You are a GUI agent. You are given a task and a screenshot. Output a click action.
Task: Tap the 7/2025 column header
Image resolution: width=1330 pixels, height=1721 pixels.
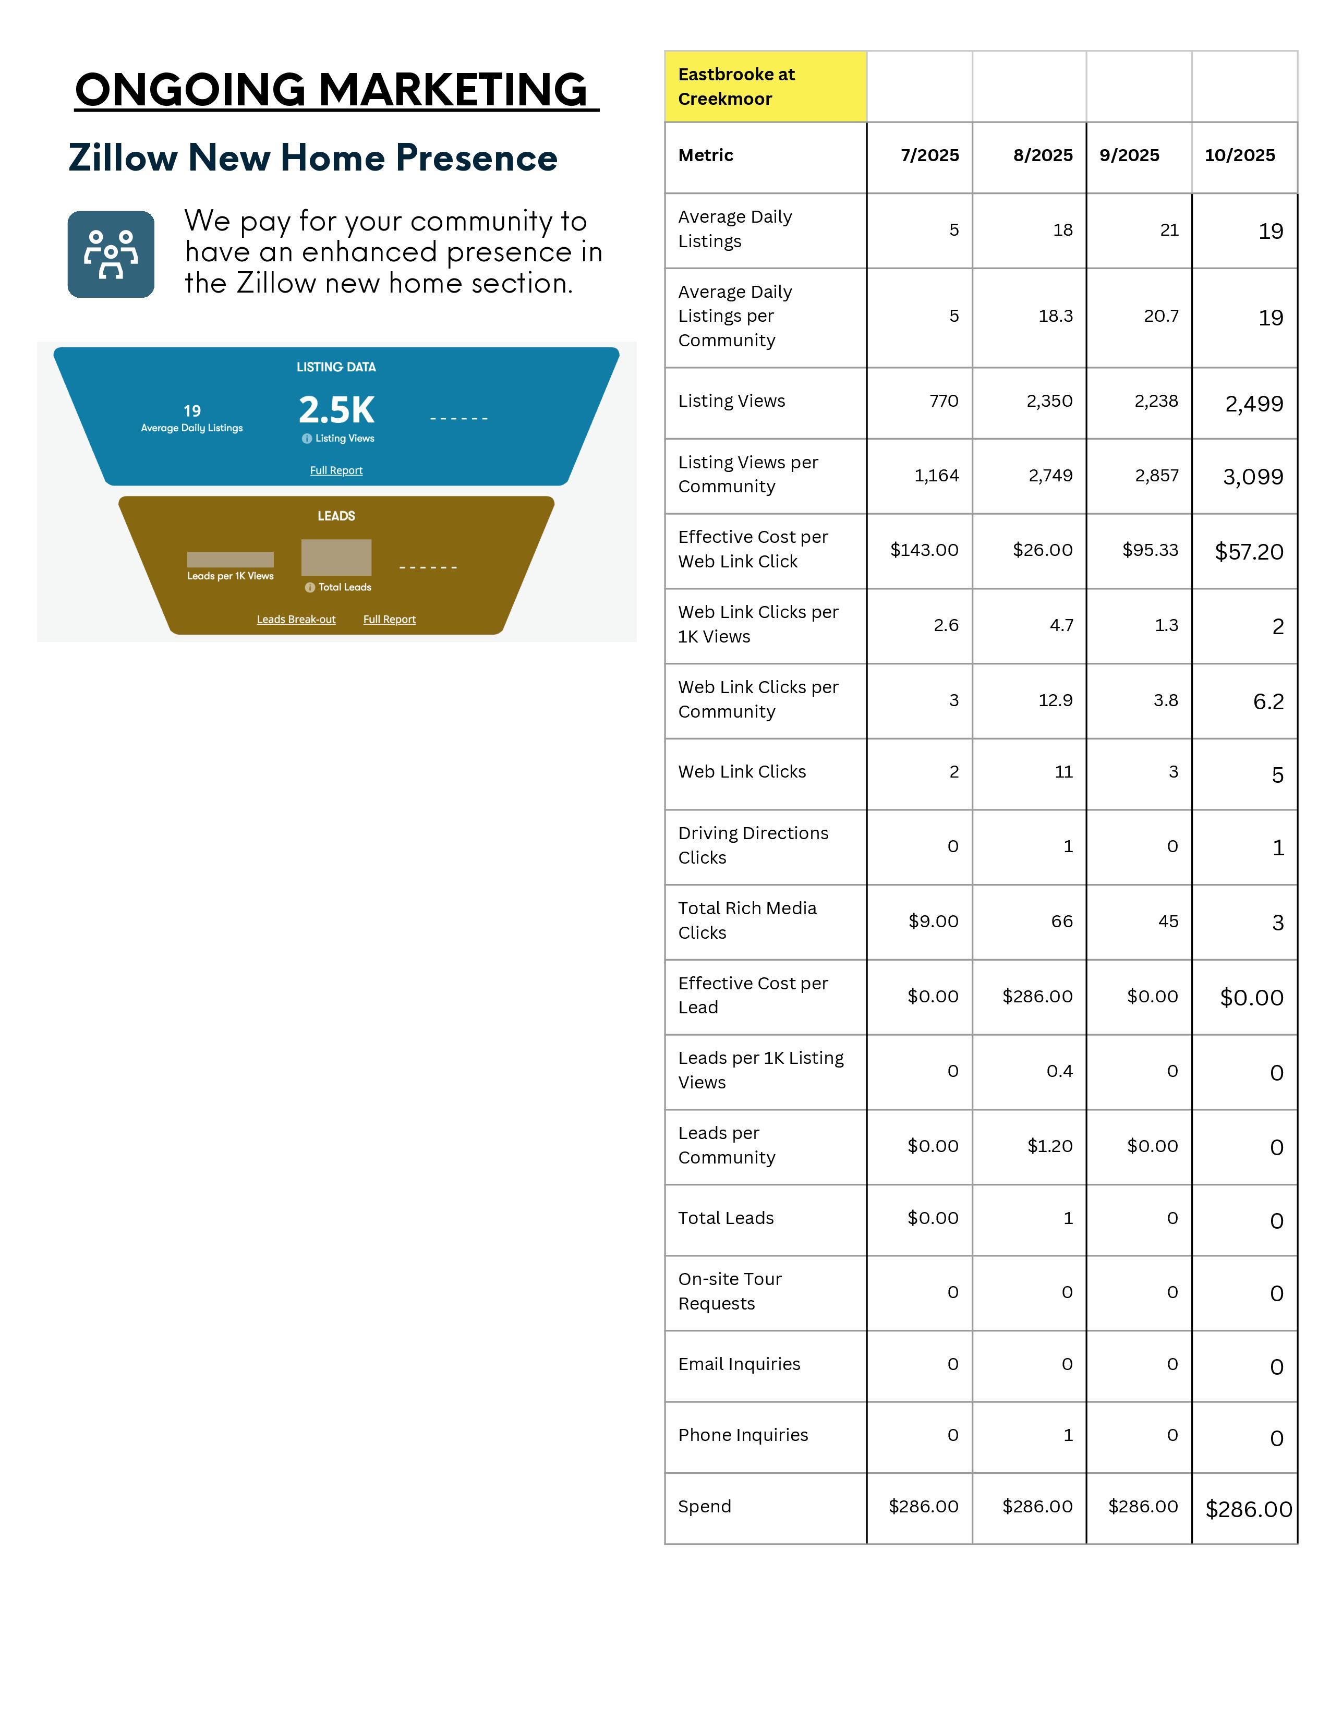(930, 155)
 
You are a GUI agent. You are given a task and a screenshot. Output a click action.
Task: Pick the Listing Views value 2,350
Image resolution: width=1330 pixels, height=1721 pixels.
(1049, 401)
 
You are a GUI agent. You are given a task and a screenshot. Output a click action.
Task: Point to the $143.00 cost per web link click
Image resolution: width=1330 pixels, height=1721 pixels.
(924, 550)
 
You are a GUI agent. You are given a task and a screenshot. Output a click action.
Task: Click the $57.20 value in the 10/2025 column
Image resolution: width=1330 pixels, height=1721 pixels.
(1249, 552)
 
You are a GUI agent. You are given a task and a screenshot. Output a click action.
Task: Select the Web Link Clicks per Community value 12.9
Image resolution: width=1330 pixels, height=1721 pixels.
(1055, 700)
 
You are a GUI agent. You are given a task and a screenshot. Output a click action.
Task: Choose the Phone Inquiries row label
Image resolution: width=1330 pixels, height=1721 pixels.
(743, 1435)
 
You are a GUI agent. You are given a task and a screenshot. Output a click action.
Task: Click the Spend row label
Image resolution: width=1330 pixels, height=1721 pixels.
(705, 1507)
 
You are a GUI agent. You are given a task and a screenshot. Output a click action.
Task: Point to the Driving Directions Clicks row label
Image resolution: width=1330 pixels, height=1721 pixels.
(753, 845)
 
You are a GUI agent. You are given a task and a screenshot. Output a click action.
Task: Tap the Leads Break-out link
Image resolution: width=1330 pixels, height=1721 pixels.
(296, 620)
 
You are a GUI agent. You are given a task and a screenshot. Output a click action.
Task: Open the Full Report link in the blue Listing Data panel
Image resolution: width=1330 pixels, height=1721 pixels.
(336, 470)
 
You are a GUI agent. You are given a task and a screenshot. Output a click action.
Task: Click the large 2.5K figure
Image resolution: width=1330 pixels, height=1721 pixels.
(336, 410)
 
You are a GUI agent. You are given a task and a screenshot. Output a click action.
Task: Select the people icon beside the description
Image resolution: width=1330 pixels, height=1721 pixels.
(111, 254)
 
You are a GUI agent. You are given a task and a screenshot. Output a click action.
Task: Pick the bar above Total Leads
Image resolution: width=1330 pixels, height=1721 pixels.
(336, 557)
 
